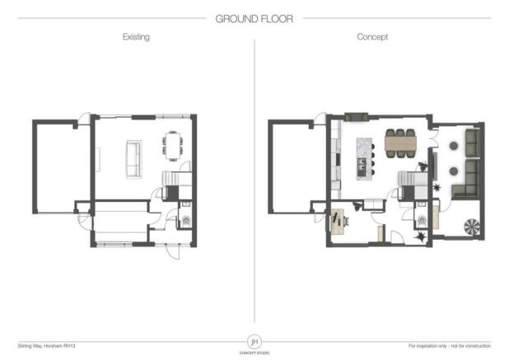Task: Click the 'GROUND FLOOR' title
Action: pos(254,17)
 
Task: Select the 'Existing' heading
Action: pos(136,38)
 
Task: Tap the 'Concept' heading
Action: pos(372,38)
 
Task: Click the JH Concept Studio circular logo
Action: pos(254,340)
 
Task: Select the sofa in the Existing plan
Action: pos(133,157)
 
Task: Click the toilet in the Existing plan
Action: pos(184,220)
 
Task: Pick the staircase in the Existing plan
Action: pos(171,186)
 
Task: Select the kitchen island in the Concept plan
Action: pos(362,157)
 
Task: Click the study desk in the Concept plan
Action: pos(337,219)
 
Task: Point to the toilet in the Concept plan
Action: pos(423,220)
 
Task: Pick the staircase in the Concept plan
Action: pos(409,183)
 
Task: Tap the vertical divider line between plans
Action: pos(254,181)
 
